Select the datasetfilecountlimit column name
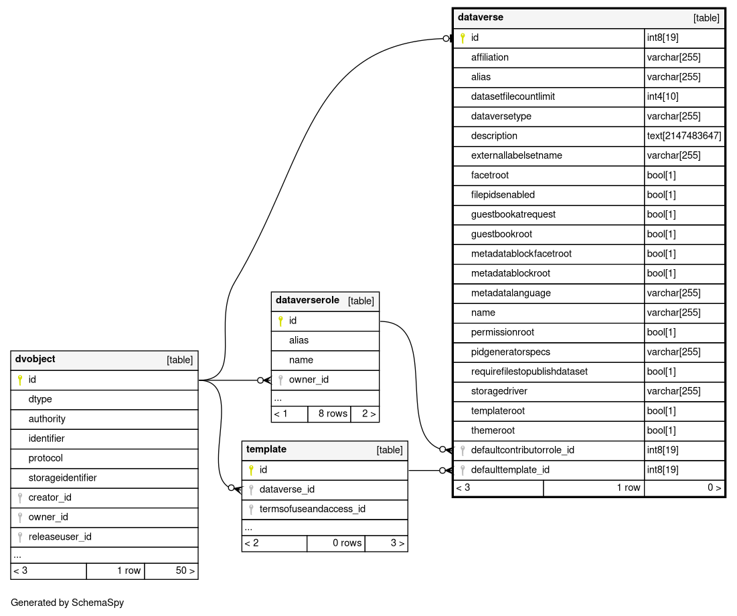coord(513,96)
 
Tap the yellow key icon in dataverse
coord(462,38)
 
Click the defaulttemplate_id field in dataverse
coord(510,470)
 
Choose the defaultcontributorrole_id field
coord(523,450)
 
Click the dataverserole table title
coord(307,300)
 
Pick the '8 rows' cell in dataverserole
coord(333,414)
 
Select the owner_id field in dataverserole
coord(309,380)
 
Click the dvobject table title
coord(35,359)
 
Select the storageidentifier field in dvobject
coord(62,478)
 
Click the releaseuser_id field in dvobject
coord(60,537)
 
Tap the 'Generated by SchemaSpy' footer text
coord(68,603)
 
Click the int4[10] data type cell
coord(663,96)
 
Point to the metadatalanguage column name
coord(511,293)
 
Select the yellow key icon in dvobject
coord(20,380)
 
